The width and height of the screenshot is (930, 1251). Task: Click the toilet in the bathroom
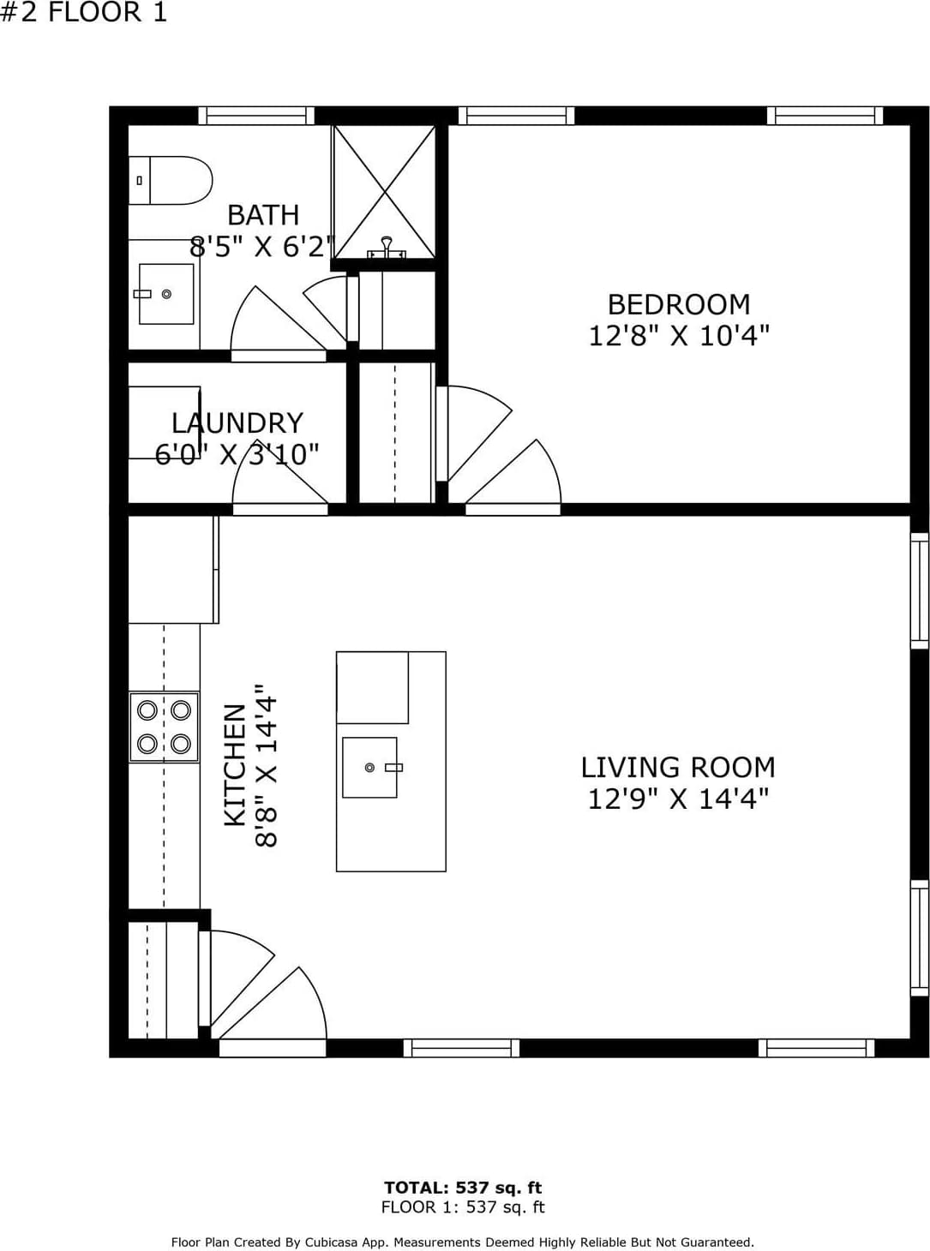pyautogui.click(x=170, y=181)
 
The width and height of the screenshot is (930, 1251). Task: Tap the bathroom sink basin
pyautogui.click(x=166, y=294)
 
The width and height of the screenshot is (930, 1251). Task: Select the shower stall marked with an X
pyautogui.click(x=384, y=192)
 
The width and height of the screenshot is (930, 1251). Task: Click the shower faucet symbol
pyautogui.click(x=387, y=248)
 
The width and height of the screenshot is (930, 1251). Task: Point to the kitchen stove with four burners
pyautogui.click(x=164, y=727)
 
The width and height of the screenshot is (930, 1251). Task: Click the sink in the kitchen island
pyautogui.click(x=369, y=767)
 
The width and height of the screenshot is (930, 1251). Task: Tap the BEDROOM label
pyautogui.click(x=679, y=305)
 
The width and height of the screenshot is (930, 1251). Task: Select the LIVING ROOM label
pyautogui.click(x=678, y=768)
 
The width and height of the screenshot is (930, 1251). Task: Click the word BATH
pyautogui.click(x=263, y=215)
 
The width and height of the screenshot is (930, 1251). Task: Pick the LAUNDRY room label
pyautogui.click(x=237, y=423)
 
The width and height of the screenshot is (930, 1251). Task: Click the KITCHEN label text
pyautogui.click(x=236, y=765)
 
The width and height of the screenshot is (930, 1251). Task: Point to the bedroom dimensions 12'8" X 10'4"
pyautogui.click(x=679, y=336)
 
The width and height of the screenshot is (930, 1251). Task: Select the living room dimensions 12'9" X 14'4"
pyautogui.click(x=678, y=799)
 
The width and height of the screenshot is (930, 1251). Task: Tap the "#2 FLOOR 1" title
pyautogui.click(x=83, y=12)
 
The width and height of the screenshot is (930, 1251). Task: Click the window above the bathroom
pyautogui.click(x=256, y=116)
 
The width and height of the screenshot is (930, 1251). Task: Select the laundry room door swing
pyautogui.click(x=280, y=478)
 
